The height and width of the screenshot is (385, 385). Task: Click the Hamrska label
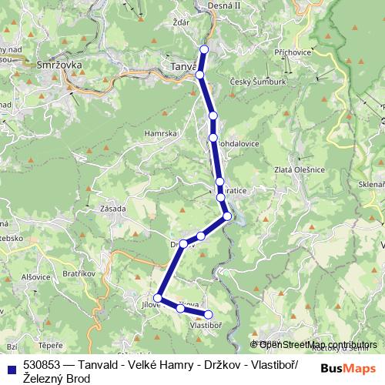point(161,133)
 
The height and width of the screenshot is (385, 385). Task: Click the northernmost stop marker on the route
point(204,49)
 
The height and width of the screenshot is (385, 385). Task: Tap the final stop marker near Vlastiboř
point(208,313)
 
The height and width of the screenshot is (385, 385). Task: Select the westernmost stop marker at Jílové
point(158,297)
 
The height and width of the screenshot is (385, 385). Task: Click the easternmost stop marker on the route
point(228,217)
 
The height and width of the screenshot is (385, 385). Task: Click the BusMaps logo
point(347,368)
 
